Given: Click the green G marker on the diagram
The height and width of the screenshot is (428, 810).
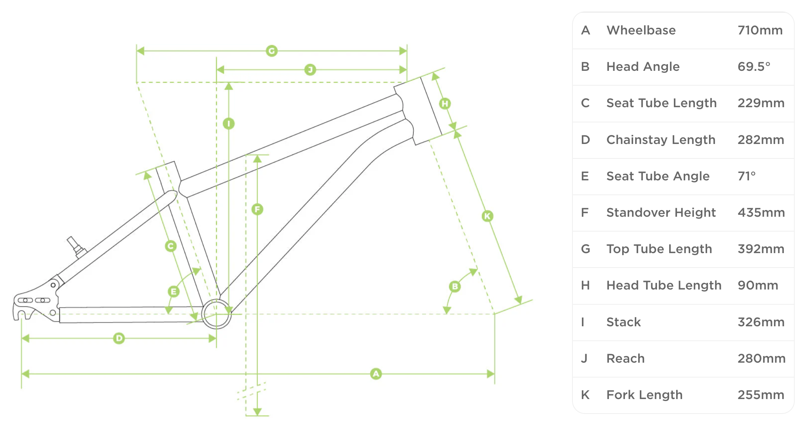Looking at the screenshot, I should tap(272, 51).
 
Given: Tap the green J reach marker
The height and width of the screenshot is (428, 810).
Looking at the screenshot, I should tap(310, 70).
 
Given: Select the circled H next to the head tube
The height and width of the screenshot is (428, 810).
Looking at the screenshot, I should tap(445, 104).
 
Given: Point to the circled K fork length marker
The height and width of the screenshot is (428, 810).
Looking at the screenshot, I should tap(487, 216).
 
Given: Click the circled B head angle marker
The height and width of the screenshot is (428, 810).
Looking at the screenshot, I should tap(455, 286).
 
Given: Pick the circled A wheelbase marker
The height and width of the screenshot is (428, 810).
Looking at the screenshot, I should tap(376, 374).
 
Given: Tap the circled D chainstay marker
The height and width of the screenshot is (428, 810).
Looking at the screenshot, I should tap(119, 338).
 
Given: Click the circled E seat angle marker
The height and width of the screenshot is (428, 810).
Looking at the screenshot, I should tap(173, 291).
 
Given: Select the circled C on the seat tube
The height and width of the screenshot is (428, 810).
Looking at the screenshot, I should tap(171, 246).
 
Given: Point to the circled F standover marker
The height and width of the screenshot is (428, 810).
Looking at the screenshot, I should tap(257, 209).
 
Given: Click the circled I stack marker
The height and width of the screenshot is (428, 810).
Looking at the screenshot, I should tap(229, 124).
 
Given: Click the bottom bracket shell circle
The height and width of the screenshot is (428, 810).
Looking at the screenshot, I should tap(216, 314).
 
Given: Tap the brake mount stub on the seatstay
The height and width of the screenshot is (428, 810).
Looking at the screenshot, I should tap(76, 246).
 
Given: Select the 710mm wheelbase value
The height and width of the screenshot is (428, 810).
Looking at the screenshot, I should tap(760, 31).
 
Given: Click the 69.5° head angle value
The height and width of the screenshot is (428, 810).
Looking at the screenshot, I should tap(754, 67).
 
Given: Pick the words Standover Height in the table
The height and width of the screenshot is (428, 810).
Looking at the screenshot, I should tap(661, 213).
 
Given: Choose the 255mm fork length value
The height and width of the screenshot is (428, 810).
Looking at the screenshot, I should tap(761, 395).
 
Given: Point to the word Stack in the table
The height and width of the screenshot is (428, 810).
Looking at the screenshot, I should tap(623, 322).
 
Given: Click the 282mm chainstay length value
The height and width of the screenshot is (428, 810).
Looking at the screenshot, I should tap(761, 140).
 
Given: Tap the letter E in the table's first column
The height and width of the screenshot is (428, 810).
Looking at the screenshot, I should tap(585, 176).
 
